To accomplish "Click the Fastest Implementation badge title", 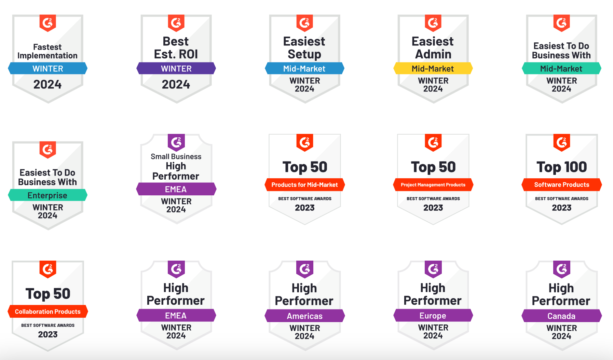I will pyautogui.click(x=47, y=51).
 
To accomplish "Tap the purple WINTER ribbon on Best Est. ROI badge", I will pyautogui.click(x=176, y=68).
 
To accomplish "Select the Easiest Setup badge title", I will pyautogui.click(x=304, y=48).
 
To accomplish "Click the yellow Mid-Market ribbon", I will pyautogui.click(x=433, y=68).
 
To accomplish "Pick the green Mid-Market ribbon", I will pyautogui.click(x=561, y=68).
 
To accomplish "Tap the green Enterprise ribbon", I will pyautogui.click(x=47, y=195).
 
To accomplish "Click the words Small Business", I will pyautogui.click(x=176, y=156).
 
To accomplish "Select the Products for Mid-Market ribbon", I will pyautogui.click(x=304, y=185).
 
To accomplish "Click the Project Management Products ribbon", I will pyautogui.click(x=433, y=185).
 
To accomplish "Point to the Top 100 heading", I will pyautogui.click(x=561, y=167).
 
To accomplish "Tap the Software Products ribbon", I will pyautogui.click(x=561, y=185).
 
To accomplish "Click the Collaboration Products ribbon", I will pyautogui.click(x=47, y=311).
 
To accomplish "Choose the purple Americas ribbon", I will pyautogui.click(x=304, y=316).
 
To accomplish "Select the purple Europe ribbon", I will pyautogui.click(x=433, y=316).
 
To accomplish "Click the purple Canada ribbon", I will pyautogui.click(x=561, y=316).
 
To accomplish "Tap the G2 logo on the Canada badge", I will pyautogui.click(x=561, y=269).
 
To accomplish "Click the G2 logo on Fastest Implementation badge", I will pyautogui.click(x=47, y=23).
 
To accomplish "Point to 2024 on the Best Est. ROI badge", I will pyautogui.click(x=176, y=84).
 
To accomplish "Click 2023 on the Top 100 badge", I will pyautogui.click(x=561, y=208).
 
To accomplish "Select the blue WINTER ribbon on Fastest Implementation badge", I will pyautogui.click(x=47, y=68).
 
